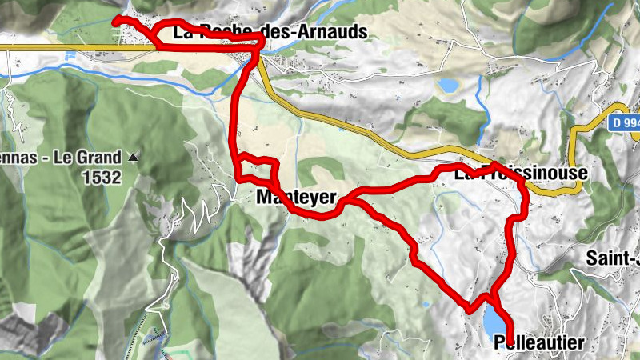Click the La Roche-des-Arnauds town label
[x=270, y=32]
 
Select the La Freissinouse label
[x=521, y=173]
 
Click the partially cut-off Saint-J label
[x=613, y=258]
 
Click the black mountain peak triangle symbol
[x=134, y=158]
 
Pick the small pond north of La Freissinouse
[x=448, y=84]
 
